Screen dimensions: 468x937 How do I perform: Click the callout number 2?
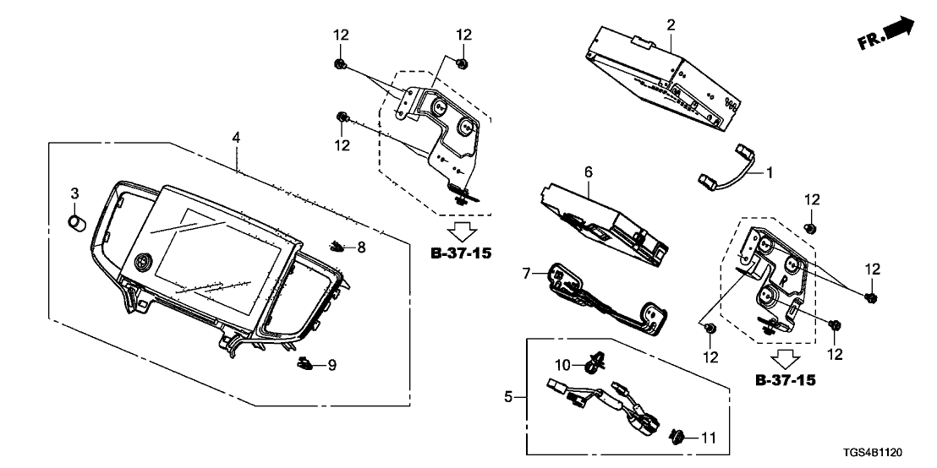tap(671, 25)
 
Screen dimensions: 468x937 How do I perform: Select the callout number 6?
tap(588, 172)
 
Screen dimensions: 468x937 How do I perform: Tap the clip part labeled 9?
tap(305, 364)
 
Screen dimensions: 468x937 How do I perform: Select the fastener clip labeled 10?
tap(591, 364)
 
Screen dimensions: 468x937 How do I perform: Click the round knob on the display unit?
tap(143, 264)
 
